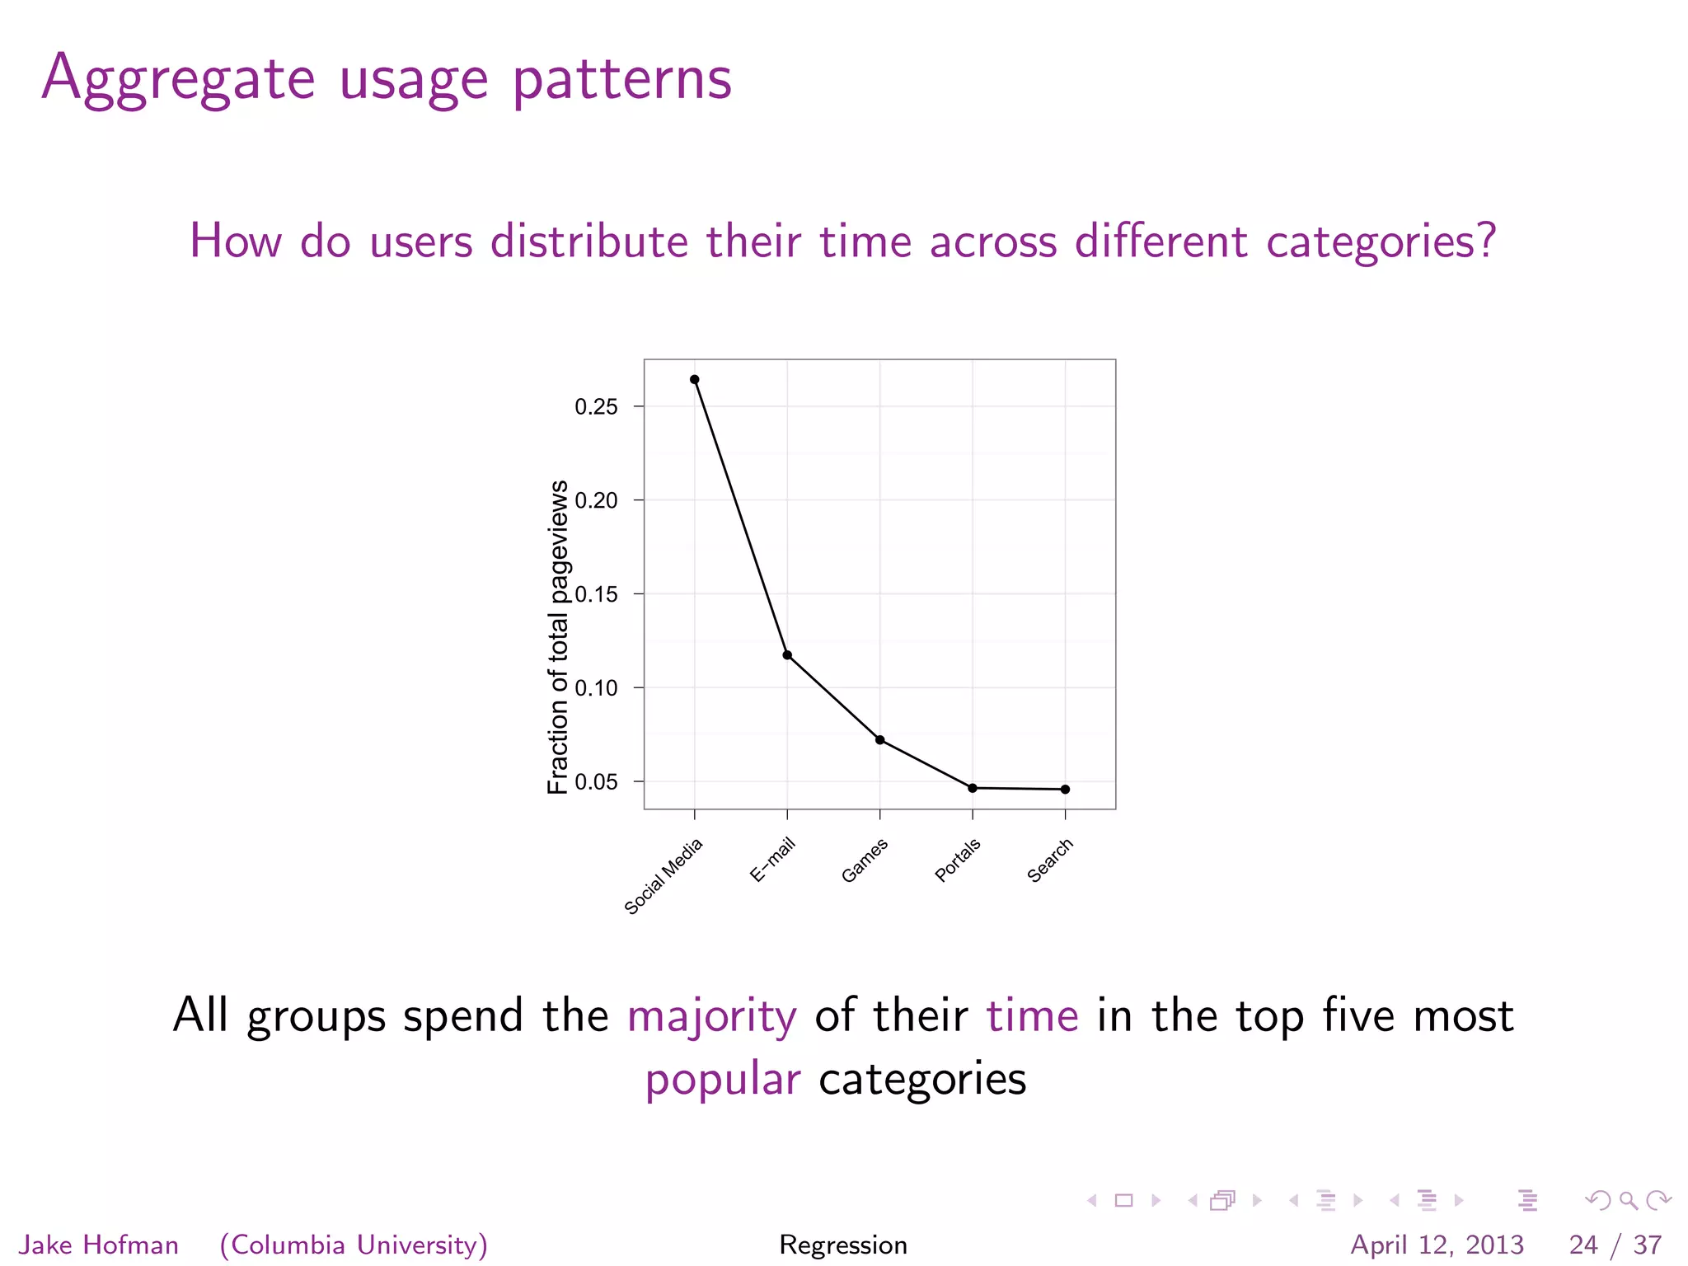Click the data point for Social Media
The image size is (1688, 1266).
[695, 380]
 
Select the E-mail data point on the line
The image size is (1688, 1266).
[787, 655]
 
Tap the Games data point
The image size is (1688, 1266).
[880, 740]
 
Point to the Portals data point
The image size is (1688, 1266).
[973, 788]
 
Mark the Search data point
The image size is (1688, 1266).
[1066, 790]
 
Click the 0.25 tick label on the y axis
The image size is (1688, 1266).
[596, 407]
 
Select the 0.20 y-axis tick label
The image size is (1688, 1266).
[596, 500]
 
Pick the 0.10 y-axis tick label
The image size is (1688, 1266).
[596, 688]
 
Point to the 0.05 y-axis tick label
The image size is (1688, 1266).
[596, 782]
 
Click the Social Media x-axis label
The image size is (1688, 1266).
[663, 876]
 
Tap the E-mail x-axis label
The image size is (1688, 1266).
[772, 860]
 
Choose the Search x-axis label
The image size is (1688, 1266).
[1050, 860]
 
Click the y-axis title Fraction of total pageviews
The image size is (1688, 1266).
[558, 636]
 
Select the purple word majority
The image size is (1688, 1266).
[712, 1015]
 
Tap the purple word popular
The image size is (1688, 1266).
[723, 1079]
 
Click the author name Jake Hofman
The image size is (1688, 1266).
[99, 1245]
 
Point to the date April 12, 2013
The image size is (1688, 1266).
[1437, 1245]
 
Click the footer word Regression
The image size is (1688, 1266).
[843, 1245]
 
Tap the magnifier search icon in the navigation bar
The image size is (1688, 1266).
[1628, 1201]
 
